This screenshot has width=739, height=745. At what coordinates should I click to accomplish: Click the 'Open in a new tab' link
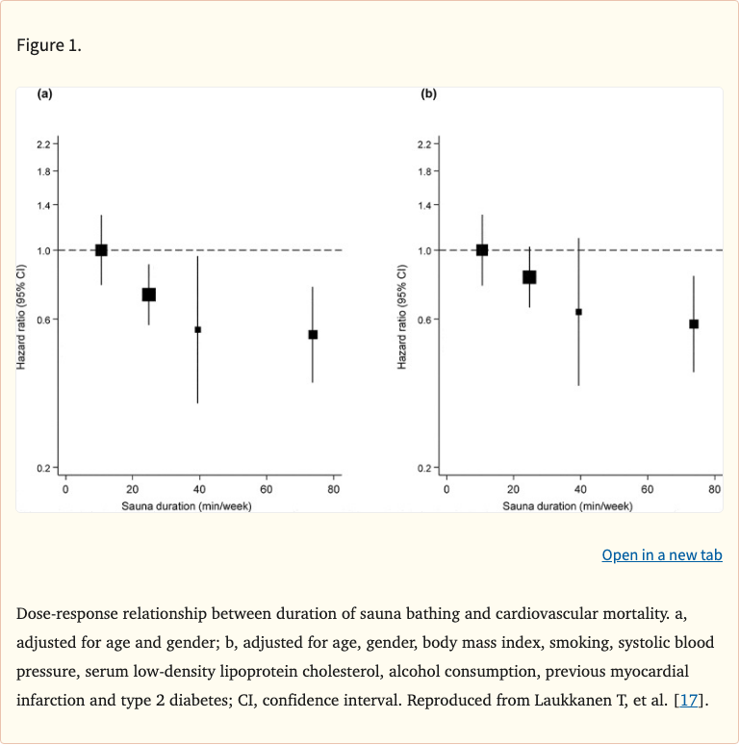coord(661,554)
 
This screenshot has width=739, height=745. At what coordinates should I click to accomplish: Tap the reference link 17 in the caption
coord(690,699)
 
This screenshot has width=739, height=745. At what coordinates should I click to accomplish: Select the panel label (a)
coord(44,94)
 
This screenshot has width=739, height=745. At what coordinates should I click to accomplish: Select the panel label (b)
coord(428,94)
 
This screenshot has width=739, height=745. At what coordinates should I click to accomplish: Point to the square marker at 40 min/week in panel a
coord(197,329)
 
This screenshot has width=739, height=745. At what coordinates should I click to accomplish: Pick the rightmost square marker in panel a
coord(313,335)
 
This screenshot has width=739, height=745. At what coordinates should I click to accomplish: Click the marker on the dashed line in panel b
coord(482,250)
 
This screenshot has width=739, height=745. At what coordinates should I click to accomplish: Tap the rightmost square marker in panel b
coord(694,324)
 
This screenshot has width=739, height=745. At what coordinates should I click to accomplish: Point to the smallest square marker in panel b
coord(578,312)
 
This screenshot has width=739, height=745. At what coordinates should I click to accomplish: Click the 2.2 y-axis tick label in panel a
coord(43,144)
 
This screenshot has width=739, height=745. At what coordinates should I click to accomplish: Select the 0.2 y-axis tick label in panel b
coord(424,469)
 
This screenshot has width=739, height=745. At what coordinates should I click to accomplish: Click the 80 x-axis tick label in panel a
coord(334,490)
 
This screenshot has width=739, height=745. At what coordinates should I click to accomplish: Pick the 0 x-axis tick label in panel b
coord(446,490)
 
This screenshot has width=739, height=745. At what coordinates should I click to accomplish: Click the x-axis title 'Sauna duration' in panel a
coord(186,505)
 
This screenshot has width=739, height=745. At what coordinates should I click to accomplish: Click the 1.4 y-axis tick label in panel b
coord(424,205)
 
